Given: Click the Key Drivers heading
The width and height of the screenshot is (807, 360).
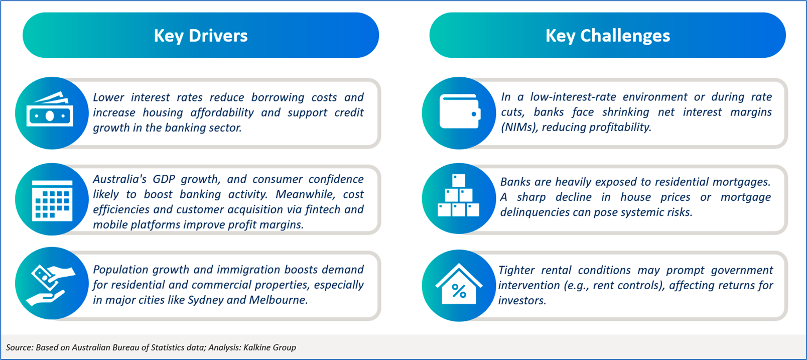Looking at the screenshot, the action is (201, 36).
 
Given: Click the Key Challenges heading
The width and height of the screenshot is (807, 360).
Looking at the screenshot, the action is (608, 36).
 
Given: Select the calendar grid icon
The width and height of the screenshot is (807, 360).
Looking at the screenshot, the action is (52, 200).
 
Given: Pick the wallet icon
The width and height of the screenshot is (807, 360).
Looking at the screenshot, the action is (460, 111).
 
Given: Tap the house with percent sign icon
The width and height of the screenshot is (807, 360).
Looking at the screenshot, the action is (459, 284).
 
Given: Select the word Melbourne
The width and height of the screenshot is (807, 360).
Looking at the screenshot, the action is (278, 300).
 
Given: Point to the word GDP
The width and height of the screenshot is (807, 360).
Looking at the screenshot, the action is (164, 179).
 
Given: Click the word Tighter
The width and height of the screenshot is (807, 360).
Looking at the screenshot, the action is (515, 270).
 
